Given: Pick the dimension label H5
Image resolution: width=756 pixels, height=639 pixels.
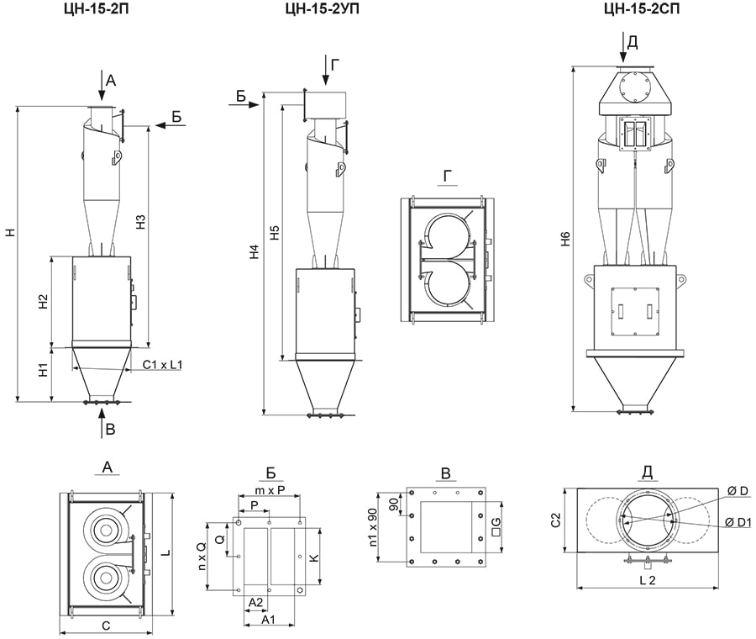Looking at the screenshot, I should point(275,233).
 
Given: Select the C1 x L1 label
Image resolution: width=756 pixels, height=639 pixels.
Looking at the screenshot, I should point(162,364).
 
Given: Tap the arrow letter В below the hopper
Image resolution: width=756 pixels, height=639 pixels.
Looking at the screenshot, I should point(110,430).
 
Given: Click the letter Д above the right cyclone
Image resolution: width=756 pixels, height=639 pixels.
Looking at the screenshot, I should point(632,40).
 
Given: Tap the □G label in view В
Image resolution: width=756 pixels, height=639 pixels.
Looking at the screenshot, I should point(496,528).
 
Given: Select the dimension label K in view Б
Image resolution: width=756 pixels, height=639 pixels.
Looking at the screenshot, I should point(314,557).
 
